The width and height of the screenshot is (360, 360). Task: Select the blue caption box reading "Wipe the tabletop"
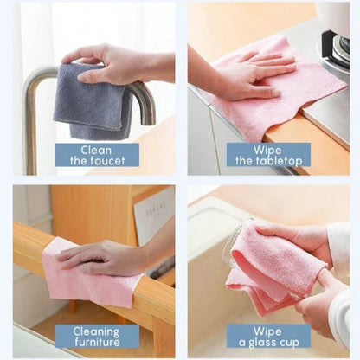(x=268, y=154)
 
